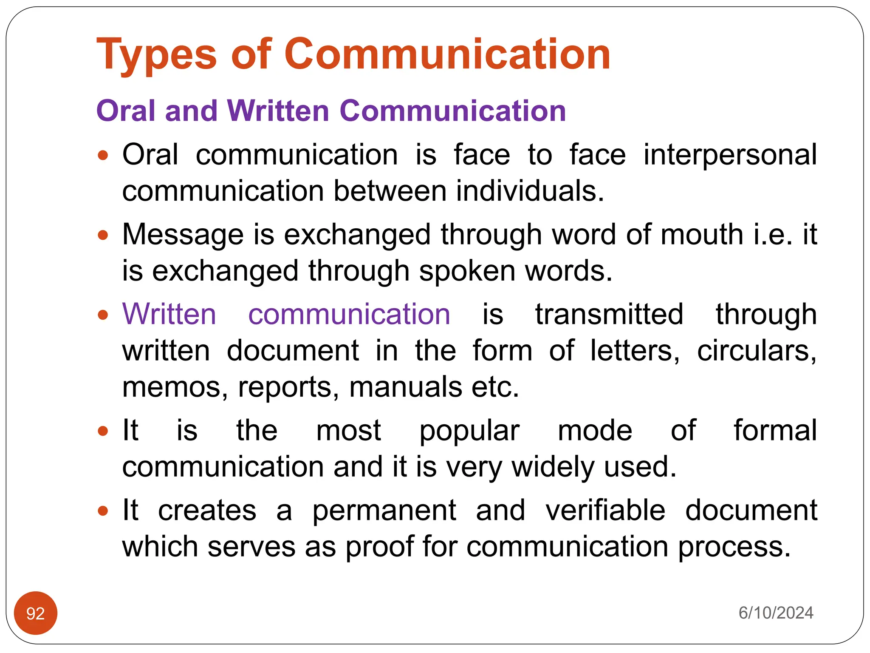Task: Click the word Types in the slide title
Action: [156, 55]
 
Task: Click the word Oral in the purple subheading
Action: [125, 111]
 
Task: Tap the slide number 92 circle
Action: [36, 613]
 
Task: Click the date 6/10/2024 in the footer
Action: [776, 613]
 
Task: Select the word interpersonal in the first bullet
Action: [730, 155]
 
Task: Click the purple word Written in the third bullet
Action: [169, 315]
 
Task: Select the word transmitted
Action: [609, 315]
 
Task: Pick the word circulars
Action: [757, 351]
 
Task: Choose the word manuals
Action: [405, 388]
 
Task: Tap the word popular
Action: [469, 431]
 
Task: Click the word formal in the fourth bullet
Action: [775, 430]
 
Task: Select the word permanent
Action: [384, 511]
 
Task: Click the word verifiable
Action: [605, 510]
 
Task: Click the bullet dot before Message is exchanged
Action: [103, 235]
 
